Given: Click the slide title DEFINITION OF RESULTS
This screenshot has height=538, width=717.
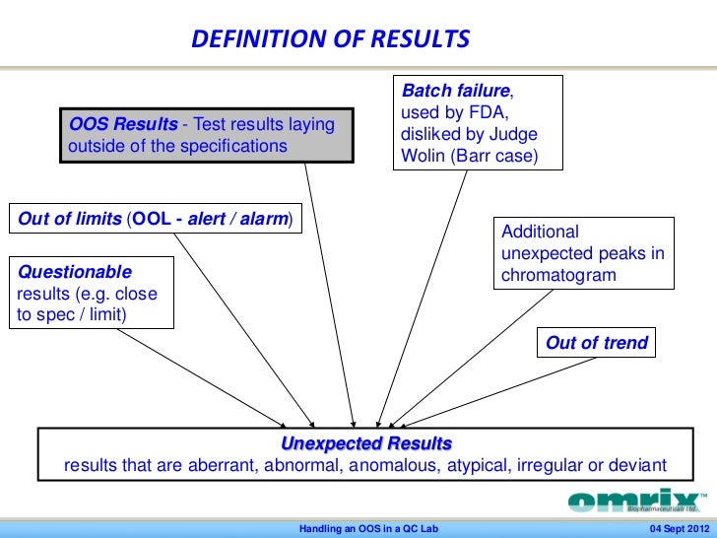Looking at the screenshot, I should coord(330,40).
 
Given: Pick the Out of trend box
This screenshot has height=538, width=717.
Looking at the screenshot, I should coord(596,343).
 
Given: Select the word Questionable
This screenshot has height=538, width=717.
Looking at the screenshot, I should coord(75,271).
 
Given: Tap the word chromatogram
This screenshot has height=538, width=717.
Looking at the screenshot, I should coord(558,275).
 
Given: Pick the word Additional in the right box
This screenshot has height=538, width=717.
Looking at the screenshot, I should coord(541,232).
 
